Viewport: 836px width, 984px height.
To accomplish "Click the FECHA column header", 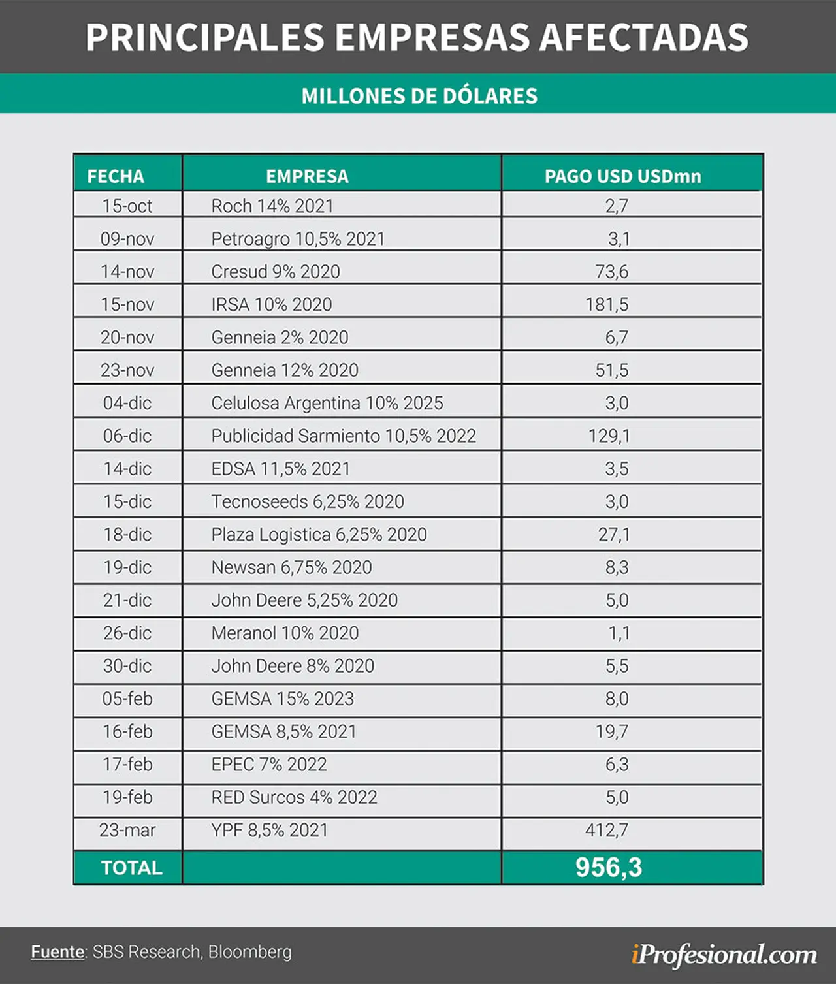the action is pyautogui.click(x=116, y=176).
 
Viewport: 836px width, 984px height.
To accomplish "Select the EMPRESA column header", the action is pyautogui.click(x=307, y=176).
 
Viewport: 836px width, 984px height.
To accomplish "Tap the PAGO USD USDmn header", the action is pyautogui.click(x=622, y=176).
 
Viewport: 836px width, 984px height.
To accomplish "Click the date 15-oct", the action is pyautogui.click(x=127, y=206).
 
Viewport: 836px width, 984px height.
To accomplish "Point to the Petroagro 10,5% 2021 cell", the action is pyautogui.click(x=298, y=239).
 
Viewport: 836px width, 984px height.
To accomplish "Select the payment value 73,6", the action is pyautogui.click(x=612, y=272).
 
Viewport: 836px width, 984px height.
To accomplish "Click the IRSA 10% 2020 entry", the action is pyautogui.click(x=271, y=305).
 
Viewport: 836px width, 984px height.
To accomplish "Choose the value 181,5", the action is pyautogui.click(x=607, y=305).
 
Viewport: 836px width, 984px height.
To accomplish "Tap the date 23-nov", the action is pyautogui.click(x=127, y=370).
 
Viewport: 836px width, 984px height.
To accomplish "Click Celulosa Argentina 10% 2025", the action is pyautogui.click(x=327, y=404).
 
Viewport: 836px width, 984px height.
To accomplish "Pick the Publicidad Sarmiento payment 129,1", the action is pyautogui.click(x=609, y=436).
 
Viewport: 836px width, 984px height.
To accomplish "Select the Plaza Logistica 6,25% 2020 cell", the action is pyautogui.click(x=319, y=535).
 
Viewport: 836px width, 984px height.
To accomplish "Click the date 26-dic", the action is pyautogui.click(x=127, y=633).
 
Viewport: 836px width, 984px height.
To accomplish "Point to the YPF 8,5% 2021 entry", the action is pyautogui.click(x=270, y=831).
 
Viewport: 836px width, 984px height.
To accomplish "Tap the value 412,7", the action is pyautogui.click(x=607, y=831).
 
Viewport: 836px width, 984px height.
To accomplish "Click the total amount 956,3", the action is pyautogui.click(x=609, y=867).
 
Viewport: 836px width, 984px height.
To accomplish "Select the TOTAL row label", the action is pyautogui.click(x=131, y=868).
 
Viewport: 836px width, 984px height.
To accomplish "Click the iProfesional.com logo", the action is pyautogui.click(x=724, y=955).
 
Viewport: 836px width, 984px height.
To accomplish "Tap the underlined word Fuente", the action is pyautogui.click(x=57, y=951).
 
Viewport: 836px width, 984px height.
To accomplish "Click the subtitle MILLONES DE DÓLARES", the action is pyautogui.click(x=419, y=96).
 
